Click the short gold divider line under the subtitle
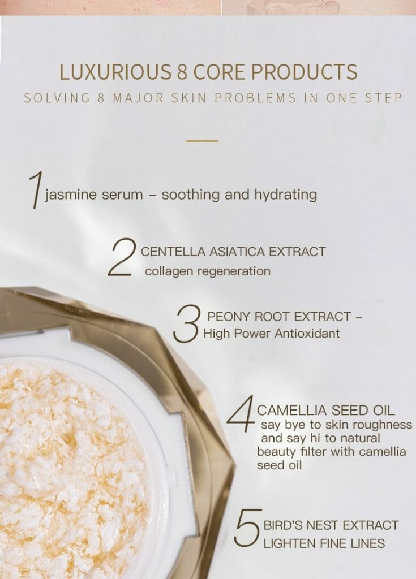(202, 140)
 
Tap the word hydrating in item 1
(284, 195)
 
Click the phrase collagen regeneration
(207, 271)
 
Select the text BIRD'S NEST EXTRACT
(331, 525)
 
